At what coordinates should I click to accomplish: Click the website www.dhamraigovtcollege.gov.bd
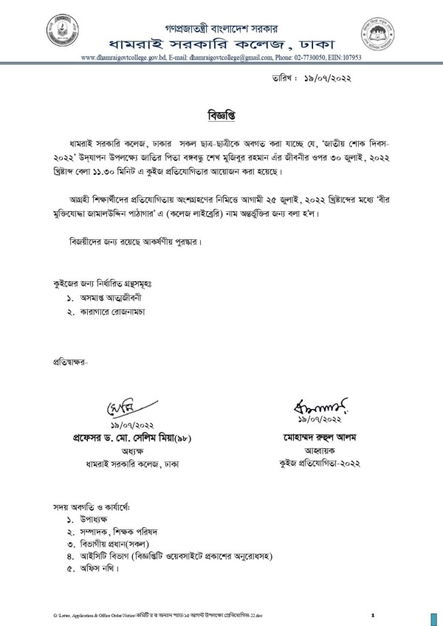(x=121, y=57)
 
